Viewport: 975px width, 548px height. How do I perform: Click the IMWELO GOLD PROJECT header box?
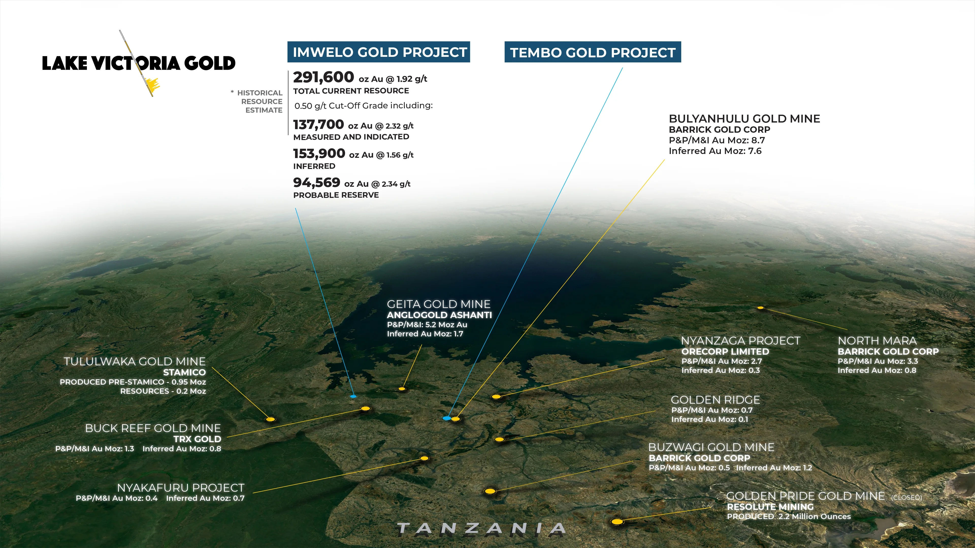point(379,52)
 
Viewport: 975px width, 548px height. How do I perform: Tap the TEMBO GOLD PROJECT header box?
point(593,52)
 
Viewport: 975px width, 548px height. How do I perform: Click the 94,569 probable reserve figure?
point(316,183)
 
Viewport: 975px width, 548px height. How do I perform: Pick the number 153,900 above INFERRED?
point(319,153)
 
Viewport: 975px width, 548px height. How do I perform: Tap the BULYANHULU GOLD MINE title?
point(744,119)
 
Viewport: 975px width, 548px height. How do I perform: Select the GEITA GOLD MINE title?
point(438,304)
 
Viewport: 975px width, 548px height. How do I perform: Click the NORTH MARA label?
point(877,341)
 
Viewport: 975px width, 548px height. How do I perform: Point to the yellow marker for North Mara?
point(760,308)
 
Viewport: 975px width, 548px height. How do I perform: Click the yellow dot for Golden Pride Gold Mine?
point(617,522)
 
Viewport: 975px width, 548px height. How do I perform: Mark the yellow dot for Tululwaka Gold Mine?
point(270,419)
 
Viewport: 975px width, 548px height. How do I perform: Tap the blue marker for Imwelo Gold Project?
point(353,396)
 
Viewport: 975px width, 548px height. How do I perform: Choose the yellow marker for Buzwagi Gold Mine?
point(490,491)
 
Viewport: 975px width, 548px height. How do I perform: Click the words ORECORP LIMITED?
point(725,352)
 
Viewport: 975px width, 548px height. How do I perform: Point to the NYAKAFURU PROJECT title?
point(181,488)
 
